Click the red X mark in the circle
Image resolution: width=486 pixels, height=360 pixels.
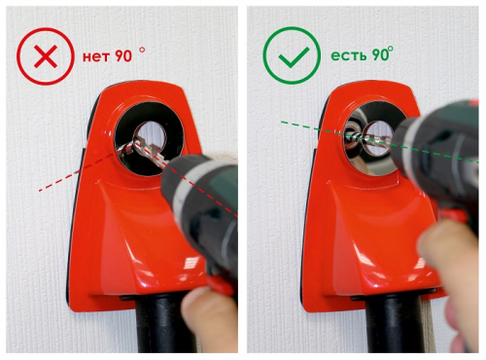point(46,56)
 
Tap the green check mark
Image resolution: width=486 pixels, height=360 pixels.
point(294,57)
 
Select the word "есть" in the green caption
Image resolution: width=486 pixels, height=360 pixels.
point(348,55)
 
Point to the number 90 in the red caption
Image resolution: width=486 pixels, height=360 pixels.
point(123,56)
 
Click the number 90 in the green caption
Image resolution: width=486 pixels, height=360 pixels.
point(380,54)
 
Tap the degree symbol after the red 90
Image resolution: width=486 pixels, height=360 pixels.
point(142,50)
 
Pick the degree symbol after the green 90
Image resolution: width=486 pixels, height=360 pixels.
point(391,49)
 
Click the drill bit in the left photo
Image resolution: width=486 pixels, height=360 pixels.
point(144,152)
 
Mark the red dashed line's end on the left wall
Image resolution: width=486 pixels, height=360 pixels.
point(40,191)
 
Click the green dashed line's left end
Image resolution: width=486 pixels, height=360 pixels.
point(282,122)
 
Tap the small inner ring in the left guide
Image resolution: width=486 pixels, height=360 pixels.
point(150,137)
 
